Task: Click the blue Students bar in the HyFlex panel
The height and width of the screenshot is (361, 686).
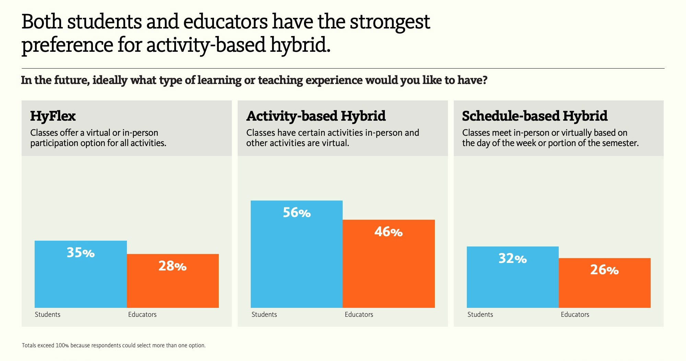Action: [x=81, y=274]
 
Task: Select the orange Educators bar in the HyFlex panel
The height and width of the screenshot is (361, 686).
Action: [x=173, y=281]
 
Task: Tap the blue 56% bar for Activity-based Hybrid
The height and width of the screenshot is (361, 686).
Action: [x=297, y=254]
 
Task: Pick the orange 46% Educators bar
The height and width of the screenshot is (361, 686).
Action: [x=389, y=264]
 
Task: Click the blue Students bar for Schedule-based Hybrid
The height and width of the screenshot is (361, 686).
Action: [x=513, y=277]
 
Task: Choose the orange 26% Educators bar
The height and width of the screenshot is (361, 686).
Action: [x=605, y=283]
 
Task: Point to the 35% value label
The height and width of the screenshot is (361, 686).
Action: [x=81, y=253]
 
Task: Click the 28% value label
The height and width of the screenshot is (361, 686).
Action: [x=173, y=266]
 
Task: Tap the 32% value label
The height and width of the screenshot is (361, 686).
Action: [x=512, y=258]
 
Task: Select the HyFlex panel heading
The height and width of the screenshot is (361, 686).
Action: [x=53, y=116]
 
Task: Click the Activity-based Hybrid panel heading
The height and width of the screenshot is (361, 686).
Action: [x=316, y=116]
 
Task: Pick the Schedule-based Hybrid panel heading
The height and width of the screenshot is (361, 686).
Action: [x=535, y=116]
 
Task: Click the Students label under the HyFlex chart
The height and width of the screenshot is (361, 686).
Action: [x=47, y=314]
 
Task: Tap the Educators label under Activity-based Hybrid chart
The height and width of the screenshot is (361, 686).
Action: [x=359, y=314]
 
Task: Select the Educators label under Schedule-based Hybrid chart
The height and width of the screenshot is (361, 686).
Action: [x=575, y=314]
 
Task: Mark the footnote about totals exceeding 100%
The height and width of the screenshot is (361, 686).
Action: [x=114, y=345]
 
